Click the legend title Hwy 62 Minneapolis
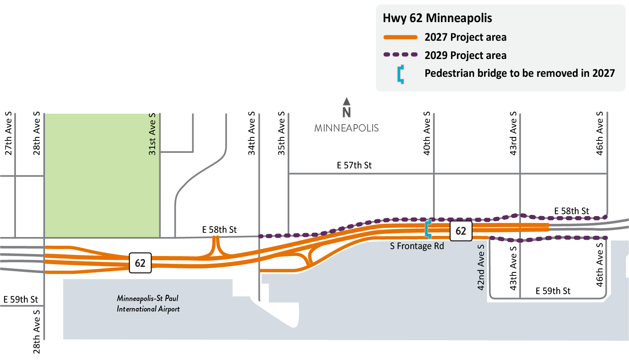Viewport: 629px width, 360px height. tap(437, 18)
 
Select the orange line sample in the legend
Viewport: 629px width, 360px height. tap(400, 37)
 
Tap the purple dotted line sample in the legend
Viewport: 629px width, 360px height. tap(400, 55)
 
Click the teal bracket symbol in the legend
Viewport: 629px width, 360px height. tap(401, 74)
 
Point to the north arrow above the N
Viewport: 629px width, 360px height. tap(347, 102)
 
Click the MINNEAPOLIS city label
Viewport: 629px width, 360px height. tap(346, 128)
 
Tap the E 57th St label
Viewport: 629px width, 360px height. tap(354, 166)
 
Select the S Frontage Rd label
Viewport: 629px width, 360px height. tap(417, 246)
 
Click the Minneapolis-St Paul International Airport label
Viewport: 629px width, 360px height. tap(148, 304)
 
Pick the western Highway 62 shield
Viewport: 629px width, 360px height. tap(140, 263)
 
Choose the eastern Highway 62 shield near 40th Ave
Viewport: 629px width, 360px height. tap(461, 231)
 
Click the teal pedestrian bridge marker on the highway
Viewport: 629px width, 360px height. tap(428, 229)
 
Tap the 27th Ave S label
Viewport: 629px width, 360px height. tap(9, 133)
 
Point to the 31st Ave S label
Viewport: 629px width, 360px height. tap(152, 134)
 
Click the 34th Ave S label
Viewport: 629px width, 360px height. tap(252, 133)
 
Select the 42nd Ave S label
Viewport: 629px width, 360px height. tap(481, 267)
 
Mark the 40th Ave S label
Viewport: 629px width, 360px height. tap(427, 133)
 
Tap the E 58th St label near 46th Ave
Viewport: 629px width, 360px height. tap(571, 211)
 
